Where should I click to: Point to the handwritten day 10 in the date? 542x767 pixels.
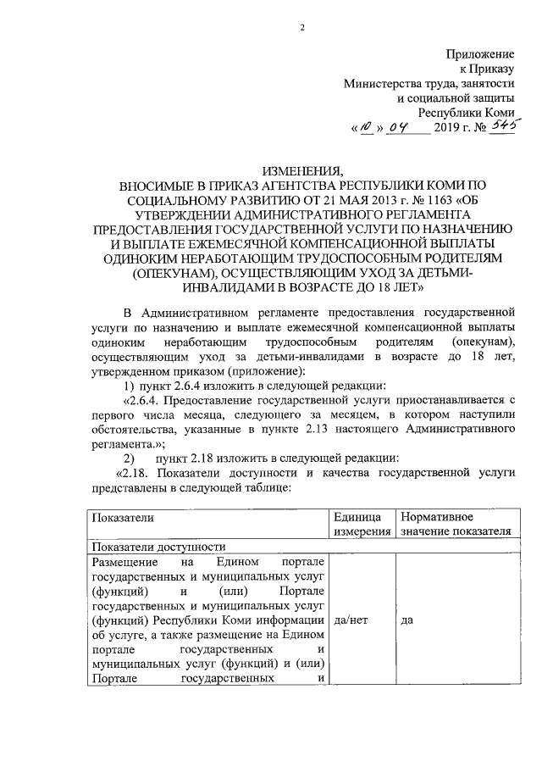[365, 128]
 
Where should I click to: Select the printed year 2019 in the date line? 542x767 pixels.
[449, 128]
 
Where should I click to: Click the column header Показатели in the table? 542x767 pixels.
[123, 517]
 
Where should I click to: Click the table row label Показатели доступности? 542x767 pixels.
[158, 547]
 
